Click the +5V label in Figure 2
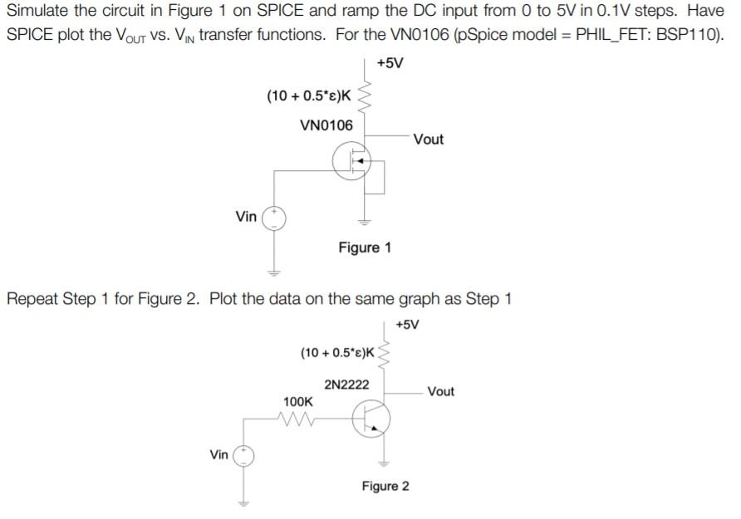coord(407,324)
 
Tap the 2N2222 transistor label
coord(347,385)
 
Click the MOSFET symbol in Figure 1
coord(352,161)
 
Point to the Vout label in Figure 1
coord(428,140)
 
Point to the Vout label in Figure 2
coord(440,391)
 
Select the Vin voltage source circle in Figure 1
coord(274,218)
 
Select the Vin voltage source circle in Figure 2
coord(244,455)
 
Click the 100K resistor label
coord(298,401)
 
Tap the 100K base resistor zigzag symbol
coord(297,419)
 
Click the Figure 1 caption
coord(365,247)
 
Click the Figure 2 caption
coord(385,486)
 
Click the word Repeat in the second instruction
coord(33,299)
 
